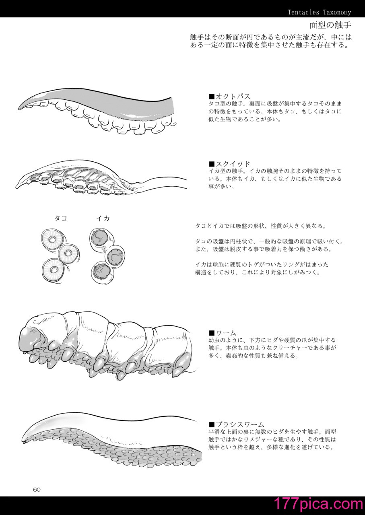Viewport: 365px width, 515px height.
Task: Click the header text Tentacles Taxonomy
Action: (x=320, y=12)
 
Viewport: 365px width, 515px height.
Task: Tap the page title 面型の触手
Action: (x=330, y=25)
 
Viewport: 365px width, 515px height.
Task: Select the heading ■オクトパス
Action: (x=229, y=96)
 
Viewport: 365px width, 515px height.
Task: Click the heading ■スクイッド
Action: (x=229, y=164)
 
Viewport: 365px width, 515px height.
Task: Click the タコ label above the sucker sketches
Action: (x=61, y=218)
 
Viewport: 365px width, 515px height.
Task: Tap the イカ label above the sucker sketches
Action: (x=103, y=218)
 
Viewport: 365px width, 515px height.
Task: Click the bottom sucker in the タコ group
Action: (x=54, y=269)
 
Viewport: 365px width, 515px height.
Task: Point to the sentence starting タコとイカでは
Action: (x=261, y=226)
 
